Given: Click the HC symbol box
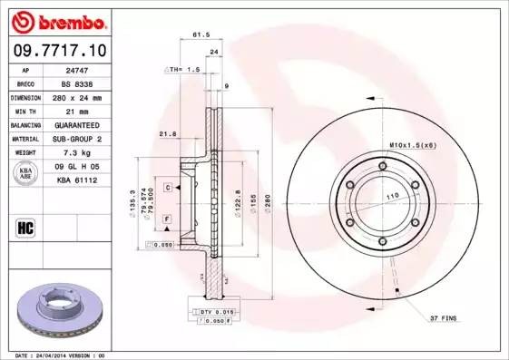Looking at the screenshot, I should tap(24, 227).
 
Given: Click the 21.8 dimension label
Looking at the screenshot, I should tap(167, 134).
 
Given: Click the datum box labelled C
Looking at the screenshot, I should tap(169, 187).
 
